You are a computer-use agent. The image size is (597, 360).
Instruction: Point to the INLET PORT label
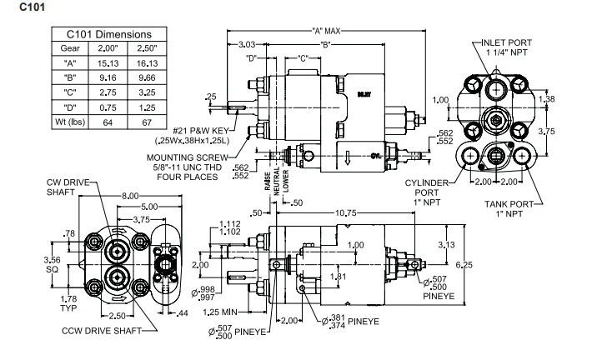click(x=506, y=42)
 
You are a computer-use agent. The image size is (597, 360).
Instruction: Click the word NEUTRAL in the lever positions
click(x=274, y=182)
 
